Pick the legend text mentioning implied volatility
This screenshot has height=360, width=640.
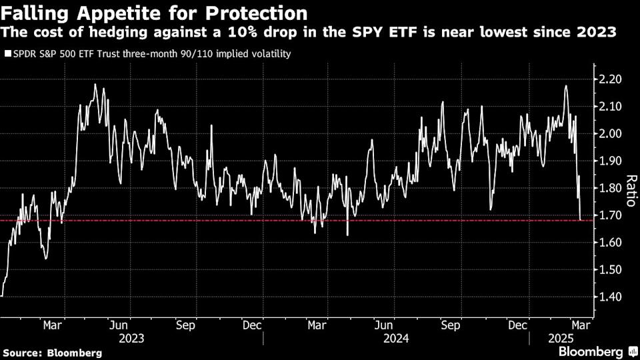tap(151, 54)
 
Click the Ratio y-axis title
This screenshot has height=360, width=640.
tap(630, 191)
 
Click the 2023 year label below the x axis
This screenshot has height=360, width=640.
tap(132, 338)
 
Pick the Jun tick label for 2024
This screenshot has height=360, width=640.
tap(383, 325)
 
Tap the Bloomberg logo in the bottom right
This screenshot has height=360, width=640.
tap(595, 351)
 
